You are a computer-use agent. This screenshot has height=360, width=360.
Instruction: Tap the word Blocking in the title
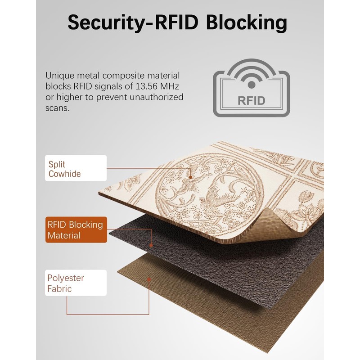point(247,23)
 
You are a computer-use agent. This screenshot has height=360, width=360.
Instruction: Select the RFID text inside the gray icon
point(252,100)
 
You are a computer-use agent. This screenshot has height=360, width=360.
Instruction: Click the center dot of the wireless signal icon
point(252,85)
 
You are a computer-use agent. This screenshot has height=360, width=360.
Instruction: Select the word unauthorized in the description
point(156,97)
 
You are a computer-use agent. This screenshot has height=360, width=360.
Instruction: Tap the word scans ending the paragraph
point(57,108)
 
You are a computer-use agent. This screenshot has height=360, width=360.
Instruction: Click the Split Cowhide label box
point(76,168)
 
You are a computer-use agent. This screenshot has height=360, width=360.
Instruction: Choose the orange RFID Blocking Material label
point(76,229)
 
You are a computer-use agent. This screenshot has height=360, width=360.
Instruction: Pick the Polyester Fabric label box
point(76,283)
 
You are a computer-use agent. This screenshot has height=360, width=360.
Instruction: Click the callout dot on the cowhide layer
point(190,177)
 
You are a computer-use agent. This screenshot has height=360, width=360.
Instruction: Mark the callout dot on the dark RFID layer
point(151,245)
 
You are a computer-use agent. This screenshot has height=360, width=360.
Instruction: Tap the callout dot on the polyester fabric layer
point(149,279)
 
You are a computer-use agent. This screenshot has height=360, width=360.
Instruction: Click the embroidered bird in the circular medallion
point(220,195)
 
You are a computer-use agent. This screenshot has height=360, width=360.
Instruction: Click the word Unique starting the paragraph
point(59,76)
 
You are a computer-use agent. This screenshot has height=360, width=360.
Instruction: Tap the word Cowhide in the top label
point(64,174)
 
